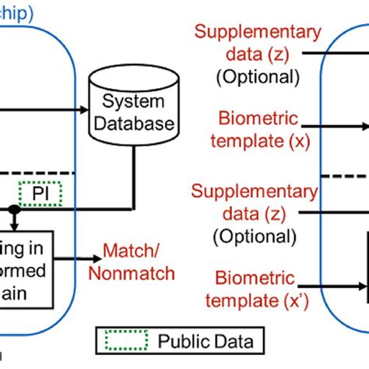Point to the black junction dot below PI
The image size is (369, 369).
pos(13,209)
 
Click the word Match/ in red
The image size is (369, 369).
pos(131,254)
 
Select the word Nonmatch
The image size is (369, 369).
pos(131,273)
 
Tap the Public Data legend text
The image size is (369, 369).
pos(206,340)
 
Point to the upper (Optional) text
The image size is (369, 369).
pos(257,77)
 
